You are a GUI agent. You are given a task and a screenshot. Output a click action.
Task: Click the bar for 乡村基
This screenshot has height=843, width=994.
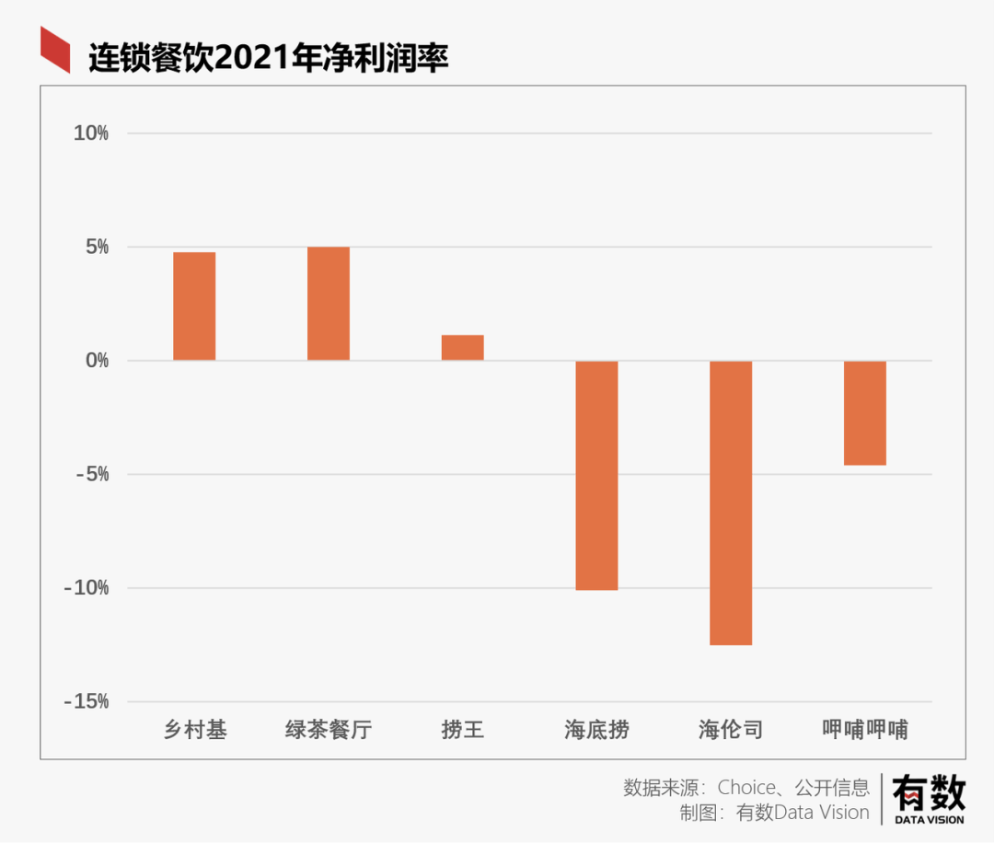click(x=194, y=306)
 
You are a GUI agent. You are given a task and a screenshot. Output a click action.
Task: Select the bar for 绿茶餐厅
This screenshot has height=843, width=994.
click(x=329, y=304)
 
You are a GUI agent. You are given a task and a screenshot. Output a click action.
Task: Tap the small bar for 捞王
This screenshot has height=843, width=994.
click(x=463, y=348)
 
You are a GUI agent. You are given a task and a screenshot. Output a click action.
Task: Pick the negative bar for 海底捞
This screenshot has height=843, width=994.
click(x=596, y=475)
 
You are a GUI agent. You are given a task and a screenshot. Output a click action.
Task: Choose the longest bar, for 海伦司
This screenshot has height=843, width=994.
click(x=731, y=502)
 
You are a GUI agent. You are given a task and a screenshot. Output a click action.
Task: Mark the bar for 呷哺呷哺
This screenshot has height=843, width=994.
click(x=865, y=413)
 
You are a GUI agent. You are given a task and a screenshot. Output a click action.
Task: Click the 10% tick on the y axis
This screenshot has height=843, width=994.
click(x=91, y=134)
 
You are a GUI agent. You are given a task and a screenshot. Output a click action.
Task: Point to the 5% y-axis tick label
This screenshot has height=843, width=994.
click(x=97, y=248)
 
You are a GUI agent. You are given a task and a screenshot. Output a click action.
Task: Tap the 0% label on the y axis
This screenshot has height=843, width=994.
click(x=97, y=361)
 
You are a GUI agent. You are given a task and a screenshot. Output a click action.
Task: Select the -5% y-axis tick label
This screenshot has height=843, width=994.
click(x=93, y=475)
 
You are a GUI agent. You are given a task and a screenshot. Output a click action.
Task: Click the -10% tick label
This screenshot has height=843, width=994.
click(x=87, y=588)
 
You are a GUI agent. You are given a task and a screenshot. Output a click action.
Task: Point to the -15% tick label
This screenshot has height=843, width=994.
click(x=87, y=702)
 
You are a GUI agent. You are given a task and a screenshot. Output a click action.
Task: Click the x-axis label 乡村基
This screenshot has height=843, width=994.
click(x=195, y=731)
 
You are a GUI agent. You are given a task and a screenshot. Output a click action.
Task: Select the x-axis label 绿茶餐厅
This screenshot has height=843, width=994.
click(x=329, y=731)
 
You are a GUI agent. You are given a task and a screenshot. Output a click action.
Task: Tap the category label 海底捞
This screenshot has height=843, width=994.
click(x=597, y=731)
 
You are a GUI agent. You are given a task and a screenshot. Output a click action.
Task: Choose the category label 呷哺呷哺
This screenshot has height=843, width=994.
click(x=865, y=731)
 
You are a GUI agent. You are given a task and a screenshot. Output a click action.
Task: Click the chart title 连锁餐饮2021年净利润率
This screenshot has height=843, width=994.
click(x=268, y=58)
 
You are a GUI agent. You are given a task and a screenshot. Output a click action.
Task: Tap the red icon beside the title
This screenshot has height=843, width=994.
click(x=55, y=50)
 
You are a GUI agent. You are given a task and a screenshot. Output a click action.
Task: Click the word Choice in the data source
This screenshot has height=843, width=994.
click(x=747, y=788)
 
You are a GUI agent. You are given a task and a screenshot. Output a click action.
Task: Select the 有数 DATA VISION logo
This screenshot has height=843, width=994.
click(x=928, y=798)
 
